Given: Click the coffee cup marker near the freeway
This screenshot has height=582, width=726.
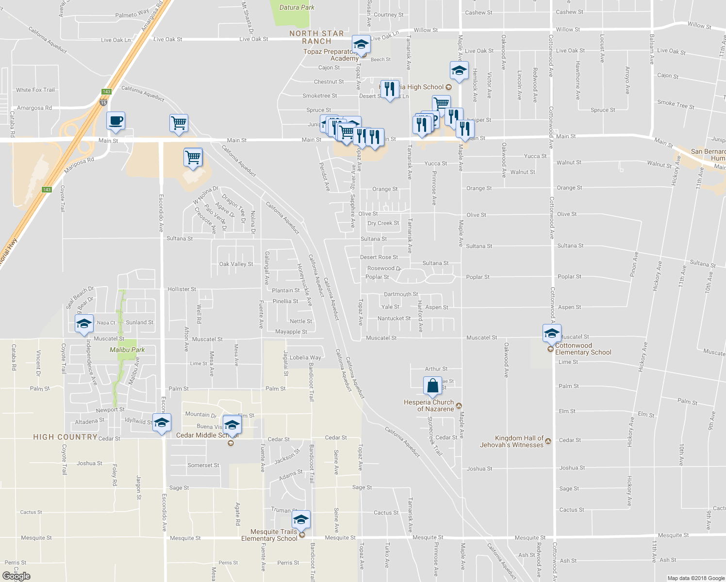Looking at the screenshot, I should [115, 120].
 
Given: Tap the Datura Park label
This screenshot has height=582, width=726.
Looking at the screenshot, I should [297, 7].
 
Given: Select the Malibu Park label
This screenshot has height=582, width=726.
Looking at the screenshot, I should [127, 350].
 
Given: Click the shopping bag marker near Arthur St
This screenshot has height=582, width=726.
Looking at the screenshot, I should [432, 386].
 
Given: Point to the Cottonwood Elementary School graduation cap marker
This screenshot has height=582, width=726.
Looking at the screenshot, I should [552, 333].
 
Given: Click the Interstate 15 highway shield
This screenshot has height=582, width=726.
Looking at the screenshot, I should [103, 103].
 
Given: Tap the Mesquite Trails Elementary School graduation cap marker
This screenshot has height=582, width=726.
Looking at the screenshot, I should [301, 520].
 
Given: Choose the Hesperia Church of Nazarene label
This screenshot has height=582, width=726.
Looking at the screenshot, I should [429, 405].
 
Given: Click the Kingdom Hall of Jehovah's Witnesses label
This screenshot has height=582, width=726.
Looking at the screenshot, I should [511, 441].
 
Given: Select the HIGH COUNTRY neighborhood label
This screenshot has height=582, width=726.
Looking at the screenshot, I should [65, 437].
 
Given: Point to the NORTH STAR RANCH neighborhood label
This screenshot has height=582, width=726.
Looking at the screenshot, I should [316, 37].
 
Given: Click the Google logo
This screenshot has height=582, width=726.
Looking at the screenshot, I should [16, 576].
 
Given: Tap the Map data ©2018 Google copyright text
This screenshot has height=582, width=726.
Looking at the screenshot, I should [695, 578].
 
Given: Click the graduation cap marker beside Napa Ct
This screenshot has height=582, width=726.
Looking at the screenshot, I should [84, 323].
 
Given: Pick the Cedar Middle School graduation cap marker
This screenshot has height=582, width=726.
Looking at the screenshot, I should [232, 424].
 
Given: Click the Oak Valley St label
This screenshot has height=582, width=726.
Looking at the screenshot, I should [236, 264].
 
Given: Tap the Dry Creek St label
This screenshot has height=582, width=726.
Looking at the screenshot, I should [383, 223].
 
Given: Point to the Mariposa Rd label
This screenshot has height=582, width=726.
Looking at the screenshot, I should [79, 165].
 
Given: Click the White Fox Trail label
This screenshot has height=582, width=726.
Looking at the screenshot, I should [35, 90].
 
